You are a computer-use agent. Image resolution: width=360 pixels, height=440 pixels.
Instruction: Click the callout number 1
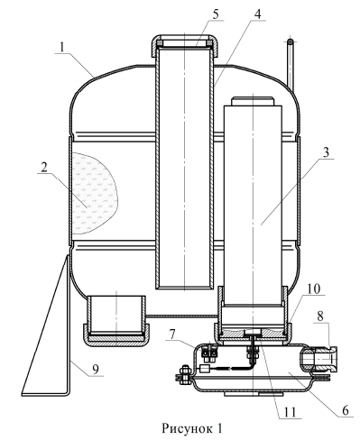[x=62, y=48]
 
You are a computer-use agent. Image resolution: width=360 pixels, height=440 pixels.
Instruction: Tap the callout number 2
[x=44, y=167]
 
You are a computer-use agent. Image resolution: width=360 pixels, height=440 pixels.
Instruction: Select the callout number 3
[x=326, y=152]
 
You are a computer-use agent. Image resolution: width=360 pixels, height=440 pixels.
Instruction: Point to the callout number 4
[x=257, y=14]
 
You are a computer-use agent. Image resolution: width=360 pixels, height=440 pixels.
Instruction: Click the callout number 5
[x=216, y=14]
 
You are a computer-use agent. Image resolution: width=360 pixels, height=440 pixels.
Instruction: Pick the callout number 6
[x=346, y=409]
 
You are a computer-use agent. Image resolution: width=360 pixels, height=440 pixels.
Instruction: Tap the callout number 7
[x=171, y=334]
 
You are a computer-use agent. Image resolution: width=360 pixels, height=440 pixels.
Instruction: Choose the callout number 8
[x=321, y=317]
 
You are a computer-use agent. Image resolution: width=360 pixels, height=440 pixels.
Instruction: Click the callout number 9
[x=96, y=369]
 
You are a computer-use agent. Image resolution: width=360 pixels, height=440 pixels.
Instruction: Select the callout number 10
[x=314, y=289]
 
